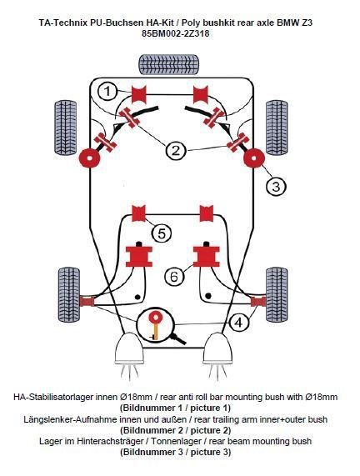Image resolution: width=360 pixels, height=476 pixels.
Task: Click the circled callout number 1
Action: point(107,92)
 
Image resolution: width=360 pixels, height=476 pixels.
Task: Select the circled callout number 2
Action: point(176,150)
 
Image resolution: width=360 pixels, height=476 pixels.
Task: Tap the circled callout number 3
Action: point(276,186)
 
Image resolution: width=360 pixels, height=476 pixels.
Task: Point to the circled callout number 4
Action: point(239,323)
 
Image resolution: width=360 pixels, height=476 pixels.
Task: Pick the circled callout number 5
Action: point(162,233)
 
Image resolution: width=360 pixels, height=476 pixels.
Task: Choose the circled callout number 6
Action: point(174,276)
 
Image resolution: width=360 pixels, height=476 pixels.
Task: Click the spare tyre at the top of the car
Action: point(169,64)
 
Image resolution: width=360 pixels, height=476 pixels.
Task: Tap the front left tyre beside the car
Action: point(65,128)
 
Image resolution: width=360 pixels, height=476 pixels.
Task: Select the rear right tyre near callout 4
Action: point(277,294)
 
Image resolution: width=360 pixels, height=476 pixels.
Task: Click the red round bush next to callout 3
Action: point(254,158)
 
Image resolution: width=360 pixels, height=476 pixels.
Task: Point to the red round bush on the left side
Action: point(89,158)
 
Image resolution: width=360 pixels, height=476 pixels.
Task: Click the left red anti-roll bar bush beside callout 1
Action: point(138,94)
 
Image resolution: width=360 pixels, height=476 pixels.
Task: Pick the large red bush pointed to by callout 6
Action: point(207,257)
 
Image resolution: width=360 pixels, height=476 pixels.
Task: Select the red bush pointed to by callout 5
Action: point(139,213)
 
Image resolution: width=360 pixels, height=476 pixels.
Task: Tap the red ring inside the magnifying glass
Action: point(155,318)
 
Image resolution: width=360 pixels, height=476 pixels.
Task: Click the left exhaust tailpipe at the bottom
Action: point(129,348)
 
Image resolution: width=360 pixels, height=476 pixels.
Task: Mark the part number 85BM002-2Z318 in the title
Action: point(176,33)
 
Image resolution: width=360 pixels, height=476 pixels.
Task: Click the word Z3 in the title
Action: point(307,23)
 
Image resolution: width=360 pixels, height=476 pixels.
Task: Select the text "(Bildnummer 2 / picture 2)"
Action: point(176,430)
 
